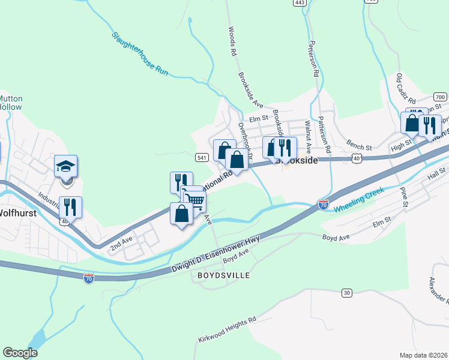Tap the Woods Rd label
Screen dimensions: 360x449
point(232,41)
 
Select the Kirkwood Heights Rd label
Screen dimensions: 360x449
point(227,330)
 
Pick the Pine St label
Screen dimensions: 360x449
point(405,196)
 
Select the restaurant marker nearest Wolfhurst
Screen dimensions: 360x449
point(71,208)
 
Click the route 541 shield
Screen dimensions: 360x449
point(202,157)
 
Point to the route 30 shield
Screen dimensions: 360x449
point(347,293)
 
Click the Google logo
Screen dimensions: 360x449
point(20,353)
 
